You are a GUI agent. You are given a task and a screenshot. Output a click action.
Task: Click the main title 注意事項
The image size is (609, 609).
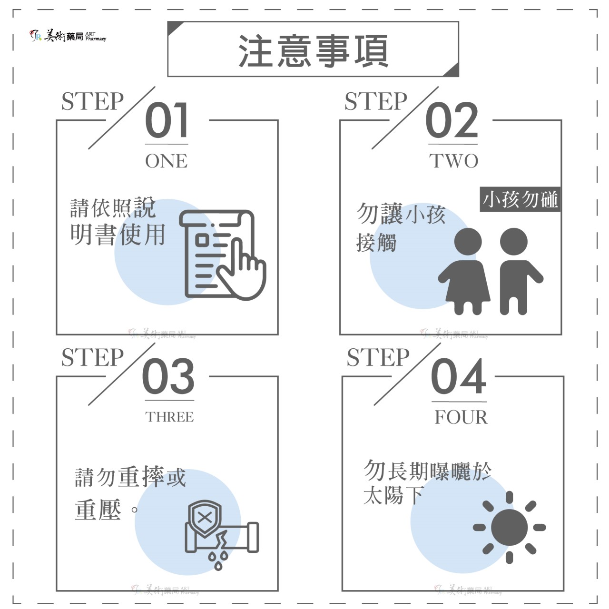point(313,50)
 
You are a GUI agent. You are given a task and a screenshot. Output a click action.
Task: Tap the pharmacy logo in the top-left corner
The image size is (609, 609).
point(68,36)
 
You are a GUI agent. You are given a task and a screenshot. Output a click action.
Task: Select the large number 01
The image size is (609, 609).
point(167,120)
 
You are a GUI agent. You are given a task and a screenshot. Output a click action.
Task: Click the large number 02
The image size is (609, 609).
point(452,120)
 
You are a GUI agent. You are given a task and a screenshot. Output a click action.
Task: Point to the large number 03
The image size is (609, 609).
point(168,376)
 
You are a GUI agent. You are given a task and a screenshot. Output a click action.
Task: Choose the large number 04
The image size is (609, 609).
point(459,376)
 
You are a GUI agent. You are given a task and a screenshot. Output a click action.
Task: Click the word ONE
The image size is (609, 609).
point(167,161)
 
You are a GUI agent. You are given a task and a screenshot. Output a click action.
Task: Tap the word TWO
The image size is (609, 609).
point(453,161)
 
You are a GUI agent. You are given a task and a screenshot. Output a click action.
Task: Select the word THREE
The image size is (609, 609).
point(169,417)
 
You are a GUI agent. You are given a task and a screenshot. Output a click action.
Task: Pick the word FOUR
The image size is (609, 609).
point(461,417)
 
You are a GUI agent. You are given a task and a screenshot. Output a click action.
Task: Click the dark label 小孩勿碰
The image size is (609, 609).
point(520,199)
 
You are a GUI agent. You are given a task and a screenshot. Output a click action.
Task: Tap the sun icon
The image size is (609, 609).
point(509,527)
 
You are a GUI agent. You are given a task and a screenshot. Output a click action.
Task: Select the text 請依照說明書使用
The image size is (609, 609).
point(117,221)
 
